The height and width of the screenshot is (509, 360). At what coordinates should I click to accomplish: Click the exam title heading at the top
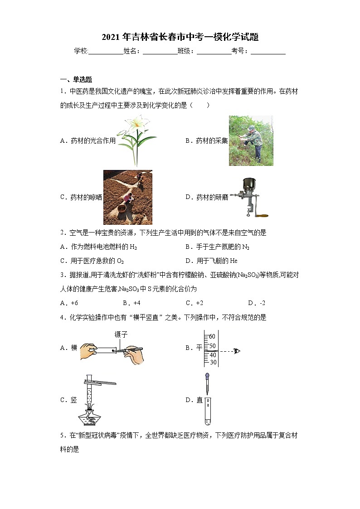pyautogui.click(x=180, y=37)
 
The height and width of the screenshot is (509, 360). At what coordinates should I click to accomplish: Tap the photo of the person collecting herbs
pyautogui.click(x=251, y=141)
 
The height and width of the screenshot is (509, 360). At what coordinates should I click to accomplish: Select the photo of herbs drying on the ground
pyautogui.click(x=128, y=197)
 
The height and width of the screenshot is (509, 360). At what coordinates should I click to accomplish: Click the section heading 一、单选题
pyautogui.click(x=76, y=79)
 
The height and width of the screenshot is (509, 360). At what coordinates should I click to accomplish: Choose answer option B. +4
pyautogui.click(x=131, y=303)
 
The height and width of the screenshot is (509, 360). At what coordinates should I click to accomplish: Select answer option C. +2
pyautogui.click(x=194, y=303)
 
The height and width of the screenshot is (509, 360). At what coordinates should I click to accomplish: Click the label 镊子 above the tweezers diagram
pyautogui.click(x=121, y=335)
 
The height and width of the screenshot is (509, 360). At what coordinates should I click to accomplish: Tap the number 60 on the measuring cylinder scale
pyautogui.click(x=212, y=337)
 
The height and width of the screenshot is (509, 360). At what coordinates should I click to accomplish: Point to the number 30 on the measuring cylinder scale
pyautogui.click(x=212, y=362)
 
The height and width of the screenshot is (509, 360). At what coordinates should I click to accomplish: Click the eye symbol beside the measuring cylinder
pyautogui.click(x=237, y=351)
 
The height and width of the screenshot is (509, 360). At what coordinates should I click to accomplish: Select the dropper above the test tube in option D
pyautogui.click(x=207, y=383)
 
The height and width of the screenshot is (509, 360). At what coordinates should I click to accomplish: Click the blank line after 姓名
pyautogui.click(x=160, y=52)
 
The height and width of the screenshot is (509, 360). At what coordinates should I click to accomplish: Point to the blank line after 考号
pyautogui.click(x=268, y=52)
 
